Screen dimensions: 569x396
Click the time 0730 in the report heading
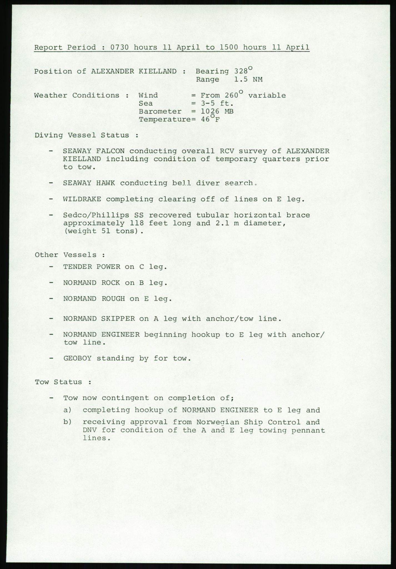coord(120,47)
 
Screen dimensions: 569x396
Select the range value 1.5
coord(240,79)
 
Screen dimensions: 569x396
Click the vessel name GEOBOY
coord(77,358)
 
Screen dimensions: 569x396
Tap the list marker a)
coord(68,410)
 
